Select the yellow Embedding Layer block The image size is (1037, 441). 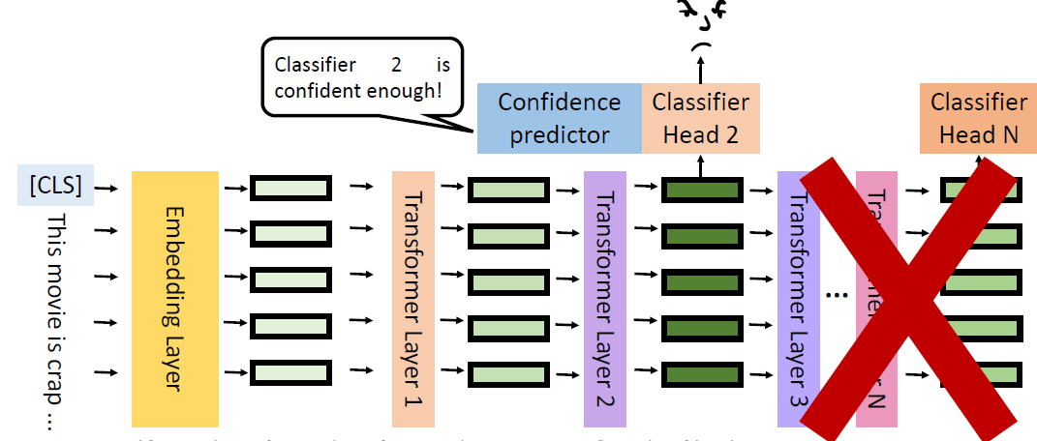175,298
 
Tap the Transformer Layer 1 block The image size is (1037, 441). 413,298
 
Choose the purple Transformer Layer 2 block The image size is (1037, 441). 605,298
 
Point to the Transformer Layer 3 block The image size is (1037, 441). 799,298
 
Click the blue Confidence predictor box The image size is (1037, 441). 560,118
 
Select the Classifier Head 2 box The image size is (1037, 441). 701,118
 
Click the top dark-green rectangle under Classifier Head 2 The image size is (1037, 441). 701,190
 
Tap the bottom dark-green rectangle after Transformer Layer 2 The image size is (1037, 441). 701,373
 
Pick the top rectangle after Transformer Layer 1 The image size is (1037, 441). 509,190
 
